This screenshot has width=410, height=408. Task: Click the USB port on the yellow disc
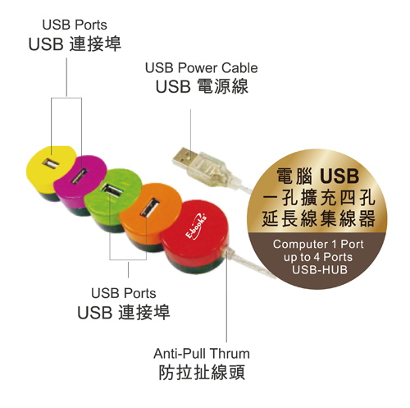click(51, 163)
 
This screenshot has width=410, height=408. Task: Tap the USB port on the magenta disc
click(80, 176)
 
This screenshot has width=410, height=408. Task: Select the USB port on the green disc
click(112, 190)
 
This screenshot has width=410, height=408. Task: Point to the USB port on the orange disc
click(150, 208)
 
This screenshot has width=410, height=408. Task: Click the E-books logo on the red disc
click(196, 226)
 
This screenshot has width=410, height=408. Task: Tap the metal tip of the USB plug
click(184, 157)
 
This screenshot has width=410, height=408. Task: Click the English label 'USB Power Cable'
click(201, 68)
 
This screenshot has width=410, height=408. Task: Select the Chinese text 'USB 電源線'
click(202, 86)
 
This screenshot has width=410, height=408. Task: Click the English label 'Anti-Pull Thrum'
click(202, 353)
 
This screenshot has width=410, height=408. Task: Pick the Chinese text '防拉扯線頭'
click(202, 372)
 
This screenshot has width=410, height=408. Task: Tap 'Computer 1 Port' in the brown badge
click(318, 244)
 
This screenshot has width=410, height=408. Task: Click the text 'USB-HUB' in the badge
click(320, 269)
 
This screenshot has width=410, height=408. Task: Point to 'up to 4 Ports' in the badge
click(318, 257)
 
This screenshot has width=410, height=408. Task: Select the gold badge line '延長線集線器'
click(318, 218)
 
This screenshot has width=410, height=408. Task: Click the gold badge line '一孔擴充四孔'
click(318, 197)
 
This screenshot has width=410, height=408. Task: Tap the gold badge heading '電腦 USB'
click(318, 176)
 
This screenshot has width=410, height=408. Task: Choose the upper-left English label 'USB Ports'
click(75, 25)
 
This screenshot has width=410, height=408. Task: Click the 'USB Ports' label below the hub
click(124, 293)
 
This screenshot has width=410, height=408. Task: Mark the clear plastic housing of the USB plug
click(212, 167)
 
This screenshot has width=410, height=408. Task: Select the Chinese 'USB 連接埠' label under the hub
click(124, 312)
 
